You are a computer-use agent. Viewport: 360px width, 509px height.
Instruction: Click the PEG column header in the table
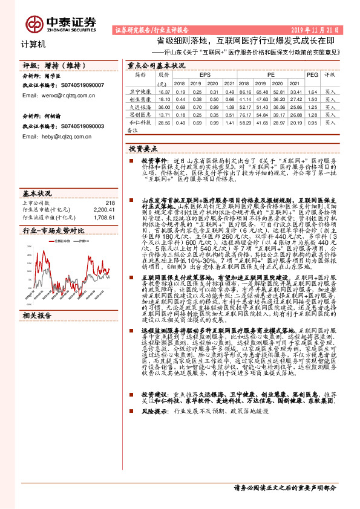312,75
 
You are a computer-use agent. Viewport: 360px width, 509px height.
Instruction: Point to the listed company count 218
109,203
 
